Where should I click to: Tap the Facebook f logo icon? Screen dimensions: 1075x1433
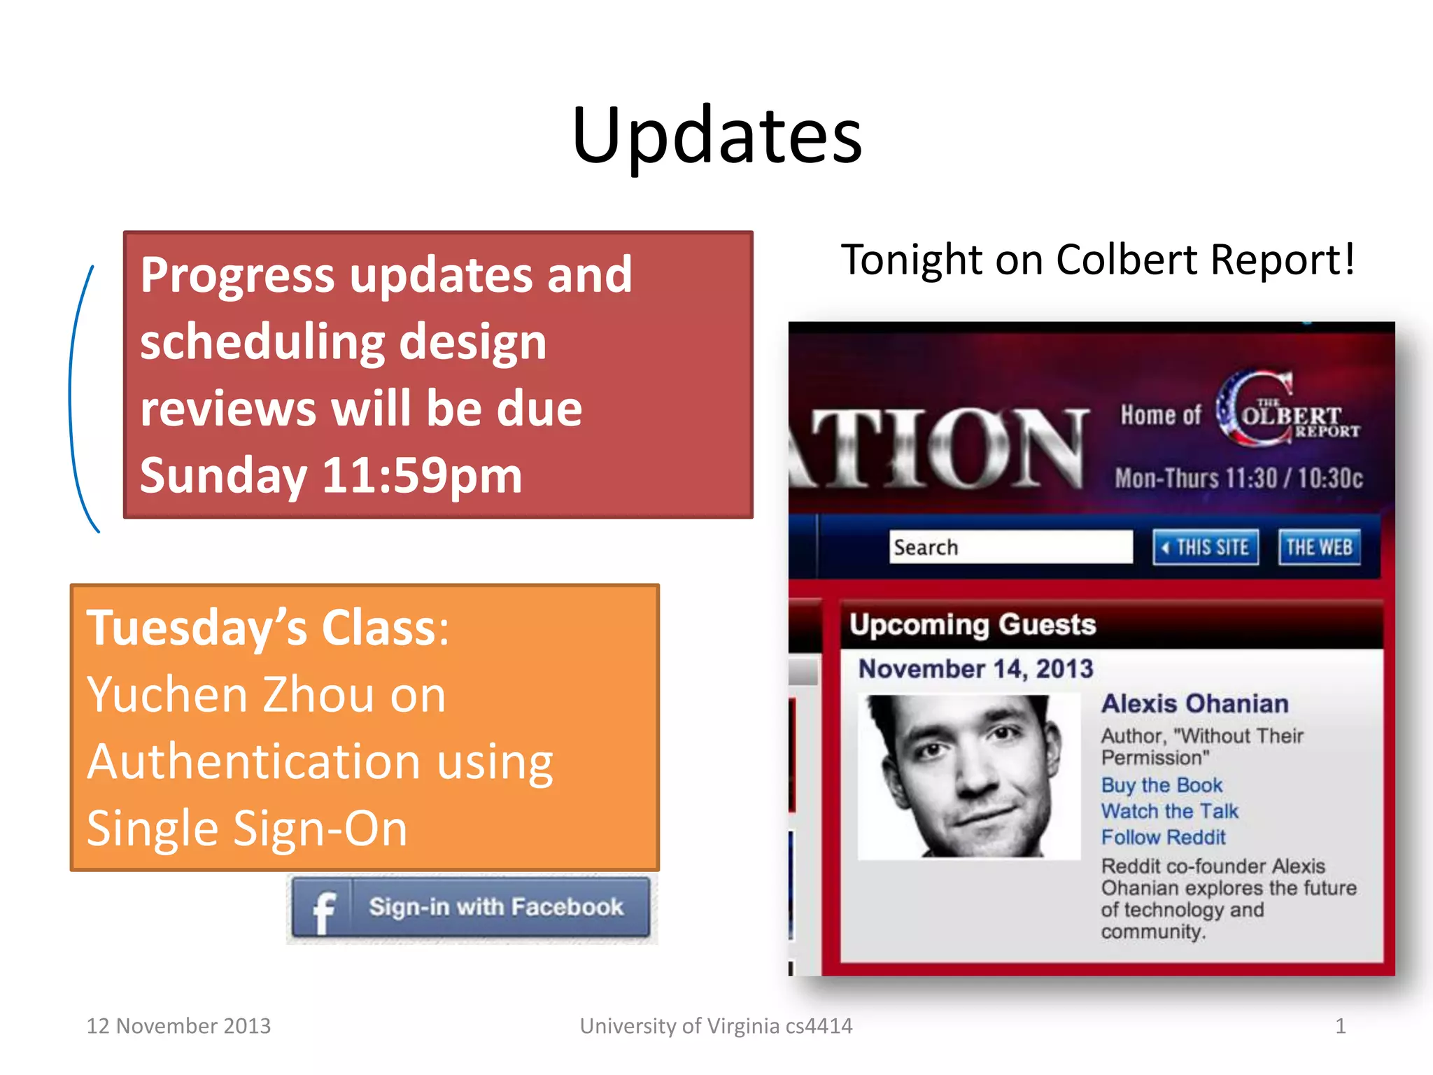click(323, 910)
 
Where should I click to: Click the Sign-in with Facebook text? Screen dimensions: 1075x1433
click(495, 907)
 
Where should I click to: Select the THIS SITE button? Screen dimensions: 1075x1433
click(1206, 547)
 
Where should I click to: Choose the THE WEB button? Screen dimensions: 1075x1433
click(1319, 547)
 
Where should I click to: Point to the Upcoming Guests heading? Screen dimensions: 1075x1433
click(973, 624)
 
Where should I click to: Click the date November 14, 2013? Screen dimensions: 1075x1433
click(975, 669)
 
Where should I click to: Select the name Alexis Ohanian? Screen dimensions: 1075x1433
click(1194, 704)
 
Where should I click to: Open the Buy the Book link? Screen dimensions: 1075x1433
click(1162, 785)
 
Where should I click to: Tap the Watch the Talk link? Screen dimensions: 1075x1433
click(1169, 811)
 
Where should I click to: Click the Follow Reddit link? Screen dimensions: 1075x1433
click(1163, 837)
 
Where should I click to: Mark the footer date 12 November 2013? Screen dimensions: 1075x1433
click(178, 1026)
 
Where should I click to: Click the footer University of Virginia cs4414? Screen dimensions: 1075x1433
click(716, 1026)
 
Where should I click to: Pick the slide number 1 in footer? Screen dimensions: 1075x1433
click(1340, 1026)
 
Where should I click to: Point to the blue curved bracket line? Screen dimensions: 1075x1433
click(73, 399)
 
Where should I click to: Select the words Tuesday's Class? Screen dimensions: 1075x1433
click(267, 628)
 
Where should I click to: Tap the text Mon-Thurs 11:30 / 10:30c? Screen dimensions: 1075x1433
click(1238, 479)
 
